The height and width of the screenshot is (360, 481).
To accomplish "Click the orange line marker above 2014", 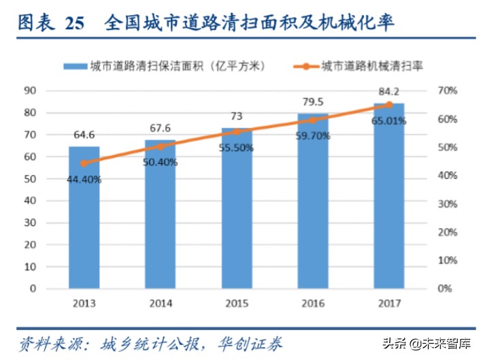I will [160, 146].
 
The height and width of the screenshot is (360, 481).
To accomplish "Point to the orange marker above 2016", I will [312, 120].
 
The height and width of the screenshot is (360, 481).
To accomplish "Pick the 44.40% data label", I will [84, 180].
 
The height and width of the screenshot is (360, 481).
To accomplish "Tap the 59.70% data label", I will [312, 135].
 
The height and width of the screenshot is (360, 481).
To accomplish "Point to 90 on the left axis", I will [29, 91].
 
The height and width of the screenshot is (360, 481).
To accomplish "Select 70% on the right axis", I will [447, 91].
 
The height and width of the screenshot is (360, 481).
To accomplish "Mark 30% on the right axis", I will [447, 204].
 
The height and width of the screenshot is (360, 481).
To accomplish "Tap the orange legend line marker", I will [305, 66].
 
